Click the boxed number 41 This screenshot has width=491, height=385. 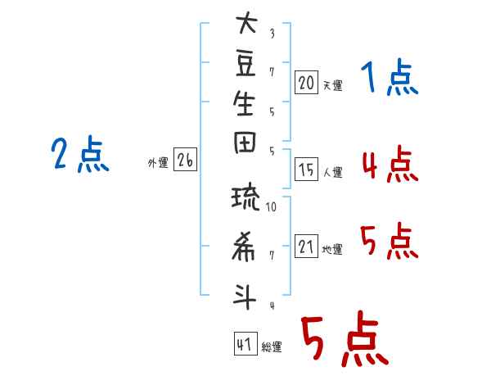(x=244, y=345)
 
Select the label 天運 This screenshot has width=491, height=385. (x=332, y=85)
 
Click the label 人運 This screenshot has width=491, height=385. (x=332, y=172)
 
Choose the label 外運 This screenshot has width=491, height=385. (x=158, y=163)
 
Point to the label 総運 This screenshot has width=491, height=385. (x=271, y=347)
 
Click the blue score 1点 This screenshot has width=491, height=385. (x=389, y=79)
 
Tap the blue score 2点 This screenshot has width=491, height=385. (x=80, y=154)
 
